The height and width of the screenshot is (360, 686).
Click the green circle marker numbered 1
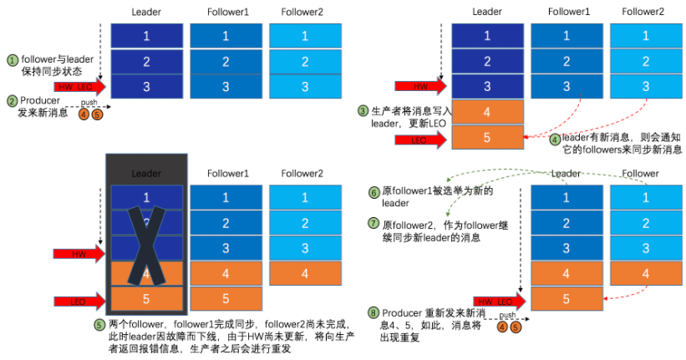pos(13,61)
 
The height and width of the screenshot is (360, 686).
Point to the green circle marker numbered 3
pos(363,111)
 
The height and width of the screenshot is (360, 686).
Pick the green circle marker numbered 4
pos(555,139)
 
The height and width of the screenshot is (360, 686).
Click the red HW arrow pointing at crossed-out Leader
pos(79,253)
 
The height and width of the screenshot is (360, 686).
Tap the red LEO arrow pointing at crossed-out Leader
pos(79,299)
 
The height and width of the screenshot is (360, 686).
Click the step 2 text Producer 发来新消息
pos(41,106)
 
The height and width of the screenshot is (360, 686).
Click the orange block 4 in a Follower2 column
pos(304,273)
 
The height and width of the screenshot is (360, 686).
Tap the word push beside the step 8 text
pos(506,316)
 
